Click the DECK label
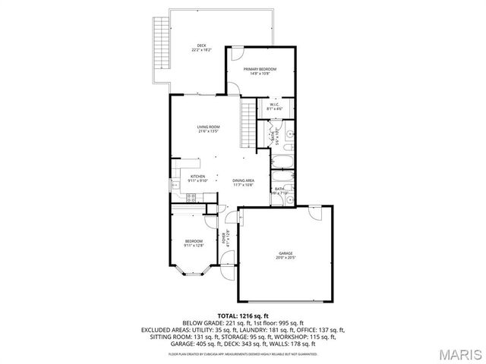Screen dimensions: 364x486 201,45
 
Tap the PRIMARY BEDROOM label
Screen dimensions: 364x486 260,69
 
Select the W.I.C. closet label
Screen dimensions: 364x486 274,105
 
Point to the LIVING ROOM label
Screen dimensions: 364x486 208,127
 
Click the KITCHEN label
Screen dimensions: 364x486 197,176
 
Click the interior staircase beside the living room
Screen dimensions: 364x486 248,125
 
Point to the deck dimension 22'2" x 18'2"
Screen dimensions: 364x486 201,51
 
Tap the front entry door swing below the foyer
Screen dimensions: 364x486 226,268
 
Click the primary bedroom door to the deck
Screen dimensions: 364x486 236,55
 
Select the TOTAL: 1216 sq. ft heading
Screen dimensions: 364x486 243,315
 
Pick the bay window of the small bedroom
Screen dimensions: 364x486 191,274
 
